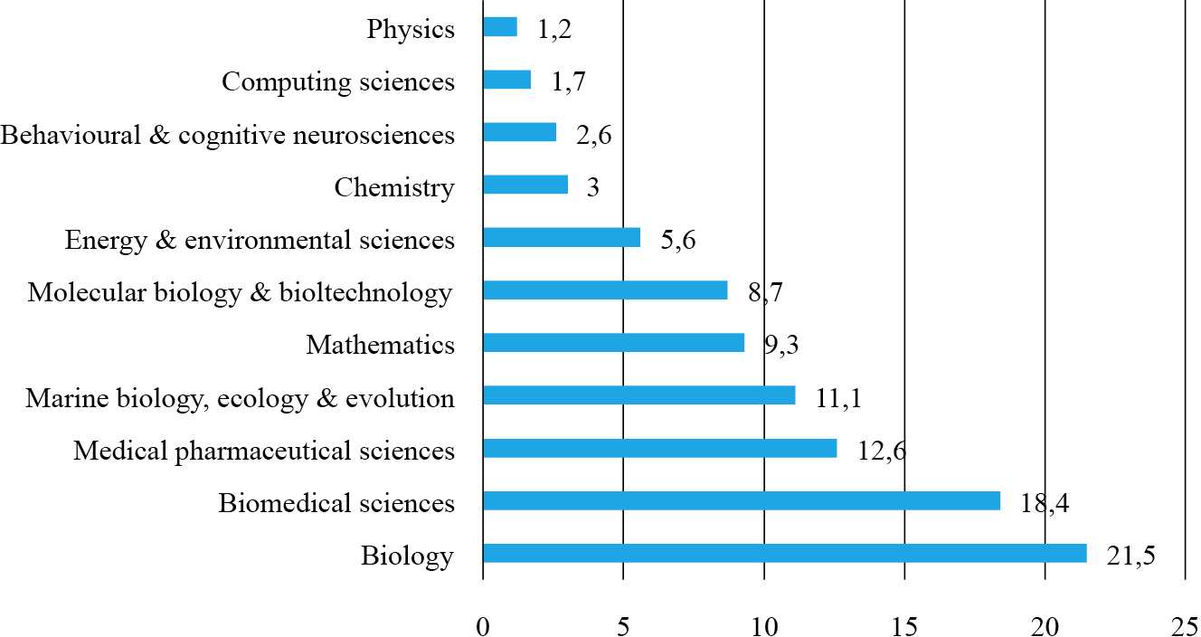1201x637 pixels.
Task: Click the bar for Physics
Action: [x=500, y=27]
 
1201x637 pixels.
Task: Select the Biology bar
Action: [x=784, y=554]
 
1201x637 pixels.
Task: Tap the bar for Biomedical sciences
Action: [x=741, y=500]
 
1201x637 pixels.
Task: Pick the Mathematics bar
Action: [x=613, y=343]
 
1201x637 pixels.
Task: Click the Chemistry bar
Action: [x=525, y=185]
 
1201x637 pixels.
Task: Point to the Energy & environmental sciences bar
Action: [x=562, y=237]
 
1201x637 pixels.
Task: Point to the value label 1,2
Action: [x=554, y=29]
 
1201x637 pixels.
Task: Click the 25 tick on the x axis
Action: [x=1184, y=624]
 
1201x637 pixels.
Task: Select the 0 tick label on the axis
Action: [x=483, y=624]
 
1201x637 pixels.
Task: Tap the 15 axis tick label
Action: [x=904, y=624]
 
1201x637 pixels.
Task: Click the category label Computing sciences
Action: [x=338, y=81]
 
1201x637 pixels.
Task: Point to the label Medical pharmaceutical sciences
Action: [x=264, y=450]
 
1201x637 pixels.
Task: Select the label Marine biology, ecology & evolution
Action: [x=240, y=397]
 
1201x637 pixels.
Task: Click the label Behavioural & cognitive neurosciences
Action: [x=227, y=135]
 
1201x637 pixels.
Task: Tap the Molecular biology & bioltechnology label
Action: [x=240, y=292]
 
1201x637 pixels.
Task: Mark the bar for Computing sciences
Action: [x=507, y=80]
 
